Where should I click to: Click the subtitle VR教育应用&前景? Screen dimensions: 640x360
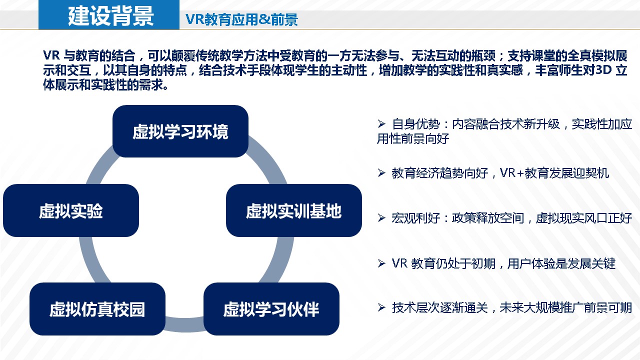click(x=241, y=19)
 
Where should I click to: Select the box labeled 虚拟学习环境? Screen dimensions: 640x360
click(x=180, y=131)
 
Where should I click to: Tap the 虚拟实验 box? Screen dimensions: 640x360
click(x=71, y=210)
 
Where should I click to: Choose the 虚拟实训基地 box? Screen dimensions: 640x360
click(x=293, y=210)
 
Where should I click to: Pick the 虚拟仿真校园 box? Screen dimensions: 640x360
click(x=97, y=309)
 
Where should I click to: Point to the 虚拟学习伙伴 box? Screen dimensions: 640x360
click(x=271, y=309)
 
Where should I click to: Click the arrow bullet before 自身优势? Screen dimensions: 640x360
click(x=381, y=123)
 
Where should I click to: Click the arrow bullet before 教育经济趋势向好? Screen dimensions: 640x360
click(x=381, y=173)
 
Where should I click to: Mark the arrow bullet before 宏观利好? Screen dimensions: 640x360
click(x=381, y=218)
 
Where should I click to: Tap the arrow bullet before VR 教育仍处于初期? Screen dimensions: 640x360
click(x=381, y=263)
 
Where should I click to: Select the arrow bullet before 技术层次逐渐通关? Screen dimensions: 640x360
click(x=381, y=307)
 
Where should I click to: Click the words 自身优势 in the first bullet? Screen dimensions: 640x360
click(x=415, y=124)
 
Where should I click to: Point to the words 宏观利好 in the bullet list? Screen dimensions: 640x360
click(x=415, y=218)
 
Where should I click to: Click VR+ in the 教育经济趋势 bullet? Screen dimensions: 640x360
click(x=512, y=173)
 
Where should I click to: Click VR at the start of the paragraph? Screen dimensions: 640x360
click(x=51, y=55)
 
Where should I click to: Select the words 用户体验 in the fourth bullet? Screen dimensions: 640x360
click(x=531, y=263)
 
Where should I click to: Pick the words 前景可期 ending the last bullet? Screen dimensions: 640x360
click(x=607, y=308)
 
